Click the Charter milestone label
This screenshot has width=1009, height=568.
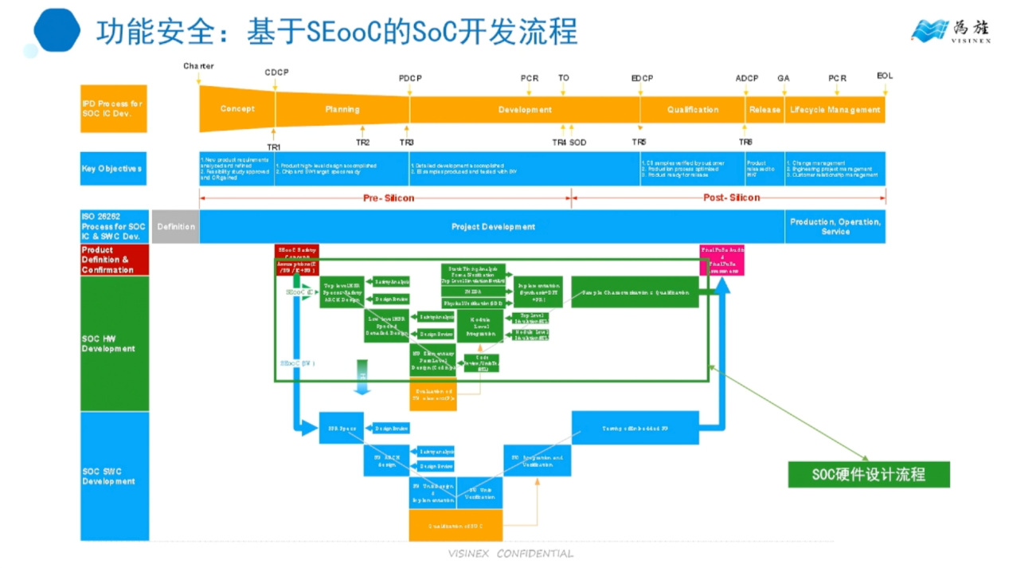(x=198, y=66)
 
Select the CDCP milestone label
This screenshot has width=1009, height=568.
(x=276, y=72)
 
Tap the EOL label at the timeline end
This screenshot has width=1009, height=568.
(x=885, y=76)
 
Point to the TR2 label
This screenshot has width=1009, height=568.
(x=362, y=142)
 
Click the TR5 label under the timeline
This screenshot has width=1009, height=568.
(x=639, y=142)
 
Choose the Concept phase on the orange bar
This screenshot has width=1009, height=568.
(x=237, y=109)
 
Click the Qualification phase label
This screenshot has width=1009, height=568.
(x=692, y=110)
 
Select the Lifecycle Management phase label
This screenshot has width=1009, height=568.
(x=835, y=110)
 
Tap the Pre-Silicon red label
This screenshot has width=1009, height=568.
(x=389, y=198)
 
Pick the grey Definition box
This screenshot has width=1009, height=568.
(x=176, y=227)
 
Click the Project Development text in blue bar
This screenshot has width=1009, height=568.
(x=493, y=227)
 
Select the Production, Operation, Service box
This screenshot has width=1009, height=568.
(x=835, y=227)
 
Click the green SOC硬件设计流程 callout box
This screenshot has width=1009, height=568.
(x=868, y=475)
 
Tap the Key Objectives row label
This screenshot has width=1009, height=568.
(x=112, y=169)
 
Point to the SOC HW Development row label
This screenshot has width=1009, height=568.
(x=109, y=343)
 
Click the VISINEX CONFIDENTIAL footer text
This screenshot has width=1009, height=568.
(x=510, y=554)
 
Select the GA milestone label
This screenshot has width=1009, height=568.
(x=783, y=78)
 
